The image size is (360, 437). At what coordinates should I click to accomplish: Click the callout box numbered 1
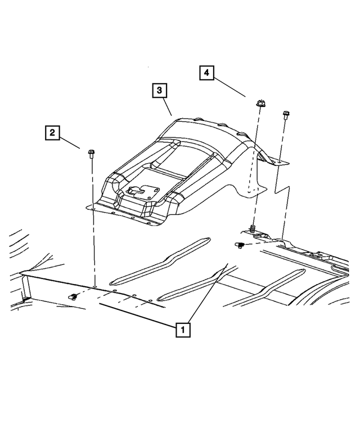coord(183,330)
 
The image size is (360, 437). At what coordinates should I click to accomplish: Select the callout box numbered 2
coord(52,133)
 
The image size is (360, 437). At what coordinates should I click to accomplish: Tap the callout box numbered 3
coord(159,91)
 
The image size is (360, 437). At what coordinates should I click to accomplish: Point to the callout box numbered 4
coord(206,73)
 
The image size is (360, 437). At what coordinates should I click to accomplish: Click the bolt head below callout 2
coord(91,152)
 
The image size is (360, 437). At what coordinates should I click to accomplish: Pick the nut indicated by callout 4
coord(260,103)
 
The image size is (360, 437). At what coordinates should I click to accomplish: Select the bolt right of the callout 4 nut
coord(285,115)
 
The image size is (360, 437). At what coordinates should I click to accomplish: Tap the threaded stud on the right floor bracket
coord(253,229)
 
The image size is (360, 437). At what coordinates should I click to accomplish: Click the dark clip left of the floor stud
coord(240,245)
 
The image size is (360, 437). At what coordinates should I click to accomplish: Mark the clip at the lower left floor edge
coord(73,297)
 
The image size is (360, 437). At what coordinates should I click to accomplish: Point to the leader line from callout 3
coord(167,106)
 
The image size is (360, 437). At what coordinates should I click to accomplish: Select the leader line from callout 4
coord(229,88)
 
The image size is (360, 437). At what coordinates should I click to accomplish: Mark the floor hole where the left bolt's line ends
coord(95,286)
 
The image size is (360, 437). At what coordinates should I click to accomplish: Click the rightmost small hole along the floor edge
coord(150,301)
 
